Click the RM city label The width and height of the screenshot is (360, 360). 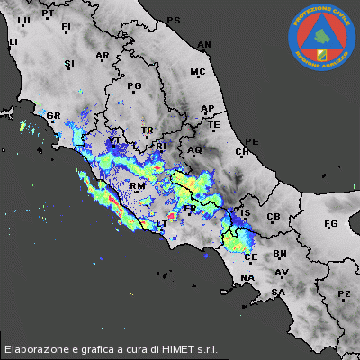click(x=138, y=187)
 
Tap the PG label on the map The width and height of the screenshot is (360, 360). click(x=135, y=86)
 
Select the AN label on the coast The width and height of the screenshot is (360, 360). click(x=204, y=44)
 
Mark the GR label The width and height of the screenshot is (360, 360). click(x=53, y=116)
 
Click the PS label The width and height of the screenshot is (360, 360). click(x=174, y=20)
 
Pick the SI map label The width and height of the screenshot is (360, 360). click(x=69, y=64)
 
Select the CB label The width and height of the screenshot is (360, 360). click(x=274, y=217)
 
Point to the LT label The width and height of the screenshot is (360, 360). click(x=161, y=224)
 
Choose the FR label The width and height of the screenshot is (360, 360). click(x=190, y=209)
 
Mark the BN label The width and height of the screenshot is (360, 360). click(x=280, y=255)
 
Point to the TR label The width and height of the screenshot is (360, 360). click(x=148, y=130)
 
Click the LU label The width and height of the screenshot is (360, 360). click(x=24, y=20)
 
